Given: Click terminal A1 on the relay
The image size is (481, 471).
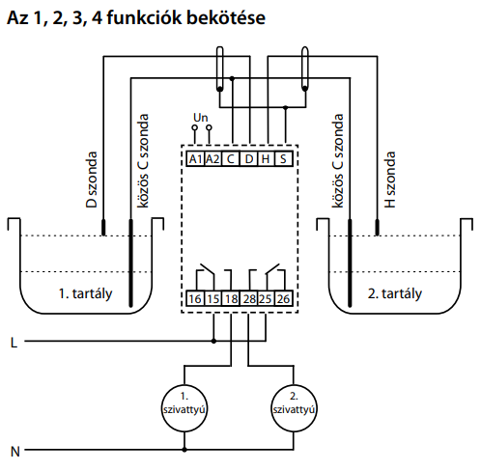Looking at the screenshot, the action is click(195, 159).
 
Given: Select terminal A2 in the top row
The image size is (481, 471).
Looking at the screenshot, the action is click(212, 159).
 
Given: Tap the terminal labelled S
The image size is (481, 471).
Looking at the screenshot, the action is click(283, 159).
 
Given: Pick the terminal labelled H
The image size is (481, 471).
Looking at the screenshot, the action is click(266, 159).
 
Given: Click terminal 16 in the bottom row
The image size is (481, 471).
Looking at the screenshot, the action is click(195, 298).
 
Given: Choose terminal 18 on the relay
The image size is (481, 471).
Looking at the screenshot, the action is click(231, 298).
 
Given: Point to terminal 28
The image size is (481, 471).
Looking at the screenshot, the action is click(248, 298).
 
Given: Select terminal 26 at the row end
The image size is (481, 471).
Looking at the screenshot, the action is click(283, 298).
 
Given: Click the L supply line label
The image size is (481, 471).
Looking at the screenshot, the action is click(14, 343).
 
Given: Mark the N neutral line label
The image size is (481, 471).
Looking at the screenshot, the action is click(14, 452).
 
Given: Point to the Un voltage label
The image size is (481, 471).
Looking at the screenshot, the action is click(201, 118).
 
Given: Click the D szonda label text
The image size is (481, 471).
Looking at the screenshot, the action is click(92, 180).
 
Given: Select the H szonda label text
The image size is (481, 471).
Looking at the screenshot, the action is click(390, 180).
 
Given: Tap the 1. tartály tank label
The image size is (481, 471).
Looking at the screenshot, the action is click(86, 293).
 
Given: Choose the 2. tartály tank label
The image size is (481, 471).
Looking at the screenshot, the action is click(395, 293).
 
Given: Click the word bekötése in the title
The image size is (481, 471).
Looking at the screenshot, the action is click(226, 17).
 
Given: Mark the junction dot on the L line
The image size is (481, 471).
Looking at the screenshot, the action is click(213, 341).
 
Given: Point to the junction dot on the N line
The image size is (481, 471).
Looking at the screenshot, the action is click(184, 450).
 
